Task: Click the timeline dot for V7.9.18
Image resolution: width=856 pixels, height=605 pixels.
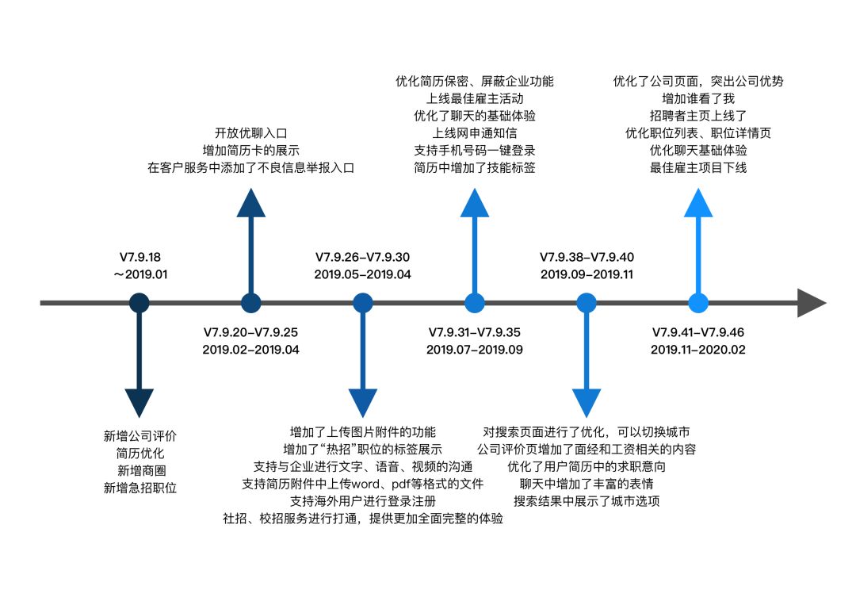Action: coord(139,303)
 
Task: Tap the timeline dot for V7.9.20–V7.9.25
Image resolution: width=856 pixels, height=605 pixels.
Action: coord(251,303)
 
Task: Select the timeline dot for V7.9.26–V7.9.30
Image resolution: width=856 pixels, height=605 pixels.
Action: coord(363,303)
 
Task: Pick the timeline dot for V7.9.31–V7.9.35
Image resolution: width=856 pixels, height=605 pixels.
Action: coord(475,303)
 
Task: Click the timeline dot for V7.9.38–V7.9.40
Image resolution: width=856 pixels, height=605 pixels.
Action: coord(587,303)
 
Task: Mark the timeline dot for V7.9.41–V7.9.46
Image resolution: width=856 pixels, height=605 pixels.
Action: coord(698,303)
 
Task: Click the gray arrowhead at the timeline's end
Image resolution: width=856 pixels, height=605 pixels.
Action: coord(811,303)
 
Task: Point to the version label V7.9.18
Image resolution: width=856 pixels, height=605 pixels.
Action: coord(139,257)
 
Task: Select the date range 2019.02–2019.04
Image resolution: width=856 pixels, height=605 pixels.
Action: coord(251,349)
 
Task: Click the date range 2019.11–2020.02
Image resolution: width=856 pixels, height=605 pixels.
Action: coord(698,349)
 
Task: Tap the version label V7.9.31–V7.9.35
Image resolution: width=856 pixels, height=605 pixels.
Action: coord(475,331)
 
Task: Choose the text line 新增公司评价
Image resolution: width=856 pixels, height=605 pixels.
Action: coord(139,435)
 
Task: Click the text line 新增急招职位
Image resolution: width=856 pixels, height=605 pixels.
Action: coord(139,488)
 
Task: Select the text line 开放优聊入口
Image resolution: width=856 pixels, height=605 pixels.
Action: coord(251,132)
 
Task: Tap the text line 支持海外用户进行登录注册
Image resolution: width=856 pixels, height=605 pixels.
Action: coord(363,501)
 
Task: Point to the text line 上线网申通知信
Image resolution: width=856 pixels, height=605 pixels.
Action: coord(475,132)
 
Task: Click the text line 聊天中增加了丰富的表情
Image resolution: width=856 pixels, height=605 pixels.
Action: coord(587,484)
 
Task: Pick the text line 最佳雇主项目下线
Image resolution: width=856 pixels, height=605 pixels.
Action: coord(698,167)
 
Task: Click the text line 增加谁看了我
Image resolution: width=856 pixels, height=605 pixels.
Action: coord(698,98)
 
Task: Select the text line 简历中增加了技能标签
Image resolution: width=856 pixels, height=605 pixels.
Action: coord(475,167)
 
